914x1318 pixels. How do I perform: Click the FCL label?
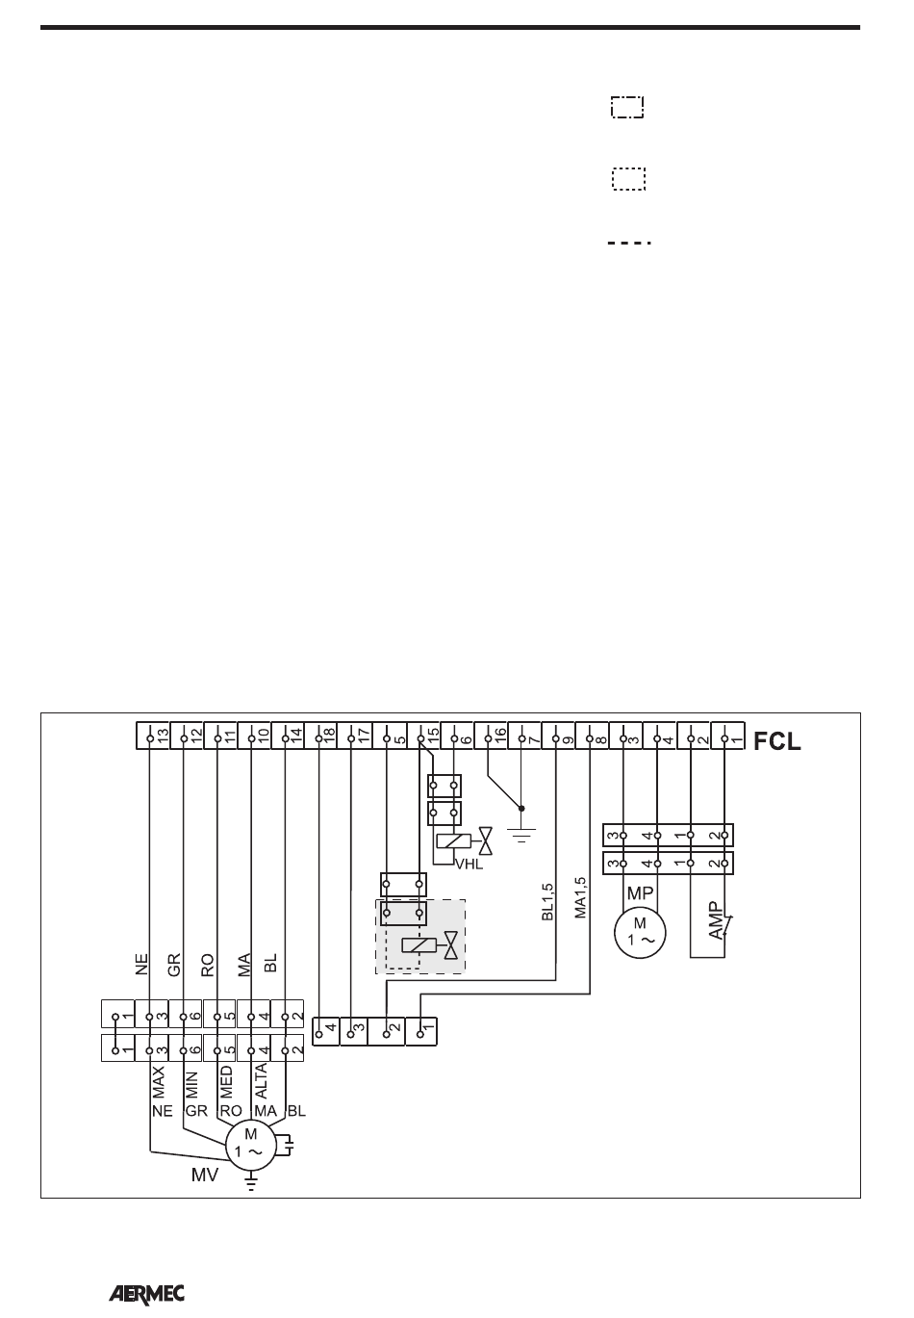coord(776,742)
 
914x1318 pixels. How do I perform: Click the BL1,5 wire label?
coord(547,899)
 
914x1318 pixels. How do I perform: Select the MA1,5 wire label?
coord(579,897)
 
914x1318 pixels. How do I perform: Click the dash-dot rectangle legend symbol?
coord(627,107)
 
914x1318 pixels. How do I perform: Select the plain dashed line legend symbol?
coord(629,243)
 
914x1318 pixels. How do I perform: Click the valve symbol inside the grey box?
coord(448,946)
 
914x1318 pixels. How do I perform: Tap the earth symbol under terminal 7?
coord(521,834)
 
